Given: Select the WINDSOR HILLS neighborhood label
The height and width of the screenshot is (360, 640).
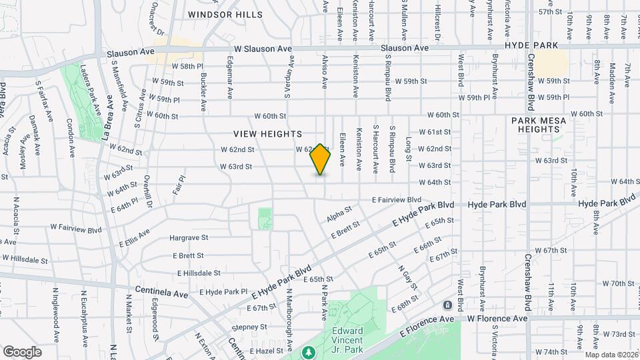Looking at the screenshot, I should pyautogui.click(x=225, y=14).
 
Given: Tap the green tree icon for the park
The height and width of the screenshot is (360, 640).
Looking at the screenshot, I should pyautogui.click(x=308, y=351).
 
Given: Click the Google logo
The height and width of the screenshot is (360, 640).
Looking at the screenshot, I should pyautogui.click(x=22, y=351).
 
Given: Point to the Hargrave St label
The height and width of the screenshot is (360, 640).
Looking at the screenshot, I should pyautogui.click(x=189, y=237).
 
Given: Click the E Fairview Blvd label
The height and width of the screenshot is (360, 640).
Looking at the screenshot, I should pyautogui.click(x=397, y=199).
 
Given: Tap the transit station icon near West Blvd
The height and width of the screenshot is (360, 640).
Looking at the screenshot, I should pyautogui.click(x=447, y=305).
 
